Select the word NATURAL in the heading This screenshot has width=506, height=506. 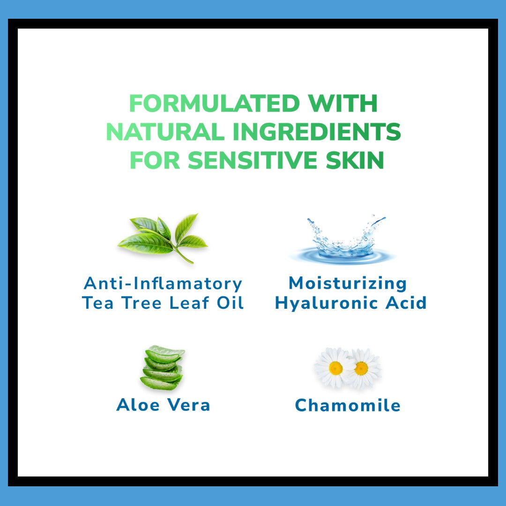(165, 132)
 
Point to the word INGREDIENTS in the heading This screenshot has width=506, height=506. (317, 132)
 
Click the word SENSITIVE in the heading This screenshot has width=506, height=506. (253, 160)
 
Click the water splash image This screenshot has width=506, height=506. (342, 239)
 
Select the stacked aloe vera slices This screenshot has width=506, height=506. (163, 368)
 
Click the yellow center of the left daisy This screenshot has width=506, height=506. (335, 368)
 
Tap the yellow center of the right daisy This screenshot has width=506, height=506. (361, 368)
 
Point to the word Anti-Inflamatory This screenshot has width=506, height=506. (163, 283)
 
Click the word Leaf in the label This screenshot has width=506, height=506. (189, 303)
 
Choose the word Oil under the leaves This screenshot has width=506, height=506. (230, 303)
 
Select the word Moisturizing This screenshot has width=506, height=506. (348, 284)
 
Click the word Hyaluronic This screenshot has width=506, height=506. (326, 303)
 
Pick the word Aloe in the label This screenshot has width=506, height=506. (138, 405)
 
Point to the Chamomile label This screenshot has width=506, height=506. (348, 405)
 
